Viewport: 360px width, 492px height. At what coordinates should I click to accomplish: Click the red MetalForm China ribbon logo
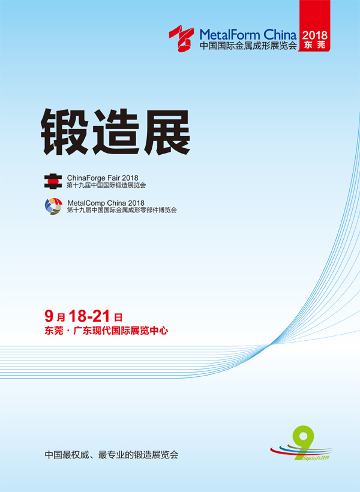pyautogui.click(x=181, y=38)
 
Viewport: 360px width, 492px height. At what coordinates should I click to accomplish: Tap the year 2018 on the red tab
pyautogui.click(x=314, y=35)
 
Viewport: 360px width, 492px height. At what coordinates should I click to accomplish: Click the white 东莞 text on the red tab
pyautogui.click(x=314, y=44)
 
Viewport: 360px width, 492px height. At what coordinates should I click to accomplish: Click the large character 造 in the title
pyautogui.click(x=116, y=131)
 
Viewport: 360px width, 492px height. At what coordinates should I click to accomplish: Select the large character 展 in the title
pyautogui.click(x=167, y=131)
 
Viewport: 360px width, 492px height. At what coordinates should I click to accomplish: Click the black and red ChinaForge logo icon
pyautogui.click(x=53, y=181)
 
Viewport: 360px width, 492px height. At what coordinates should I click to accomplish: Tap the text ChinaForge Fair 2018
pyautogui.click(x=103, y=178)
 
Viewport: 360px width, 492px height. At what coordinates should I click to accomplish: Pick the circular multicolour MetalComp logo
pyautogui.click(x=53, y=206)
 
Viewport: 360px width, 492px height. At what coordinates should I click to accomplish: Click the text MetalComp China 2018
pyautogui.click(x=106, y=203)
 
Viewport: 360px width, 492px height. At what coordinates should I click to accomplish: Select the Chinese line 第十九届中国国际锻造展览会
pyautogui.click(x=106, y=185)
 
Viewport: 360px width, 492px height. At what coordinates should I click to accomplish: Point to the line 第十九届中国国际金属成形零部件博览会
pyautogui.click(x=122, y=210)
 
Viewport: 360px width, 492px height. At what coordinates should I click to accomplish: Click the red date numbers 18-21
pyautogui.click(x=89, y=316)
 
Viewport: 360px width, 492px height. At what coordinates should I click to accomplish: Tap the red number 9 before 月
pyautogui.click(x=49, y=316)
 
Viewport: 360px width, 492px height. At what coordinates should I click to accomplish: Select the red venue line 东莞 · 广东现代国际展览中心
pyautogui.click(x=106, y=331)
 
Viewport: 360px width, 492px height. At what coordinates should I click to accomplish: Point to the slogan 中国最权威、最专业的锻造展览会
pyautogui.click(x=112, y=455)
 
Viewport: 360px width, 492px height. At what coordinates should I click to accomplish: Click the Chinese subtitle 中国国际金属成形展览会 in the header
pyautogui.click(x=248, y=46)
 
